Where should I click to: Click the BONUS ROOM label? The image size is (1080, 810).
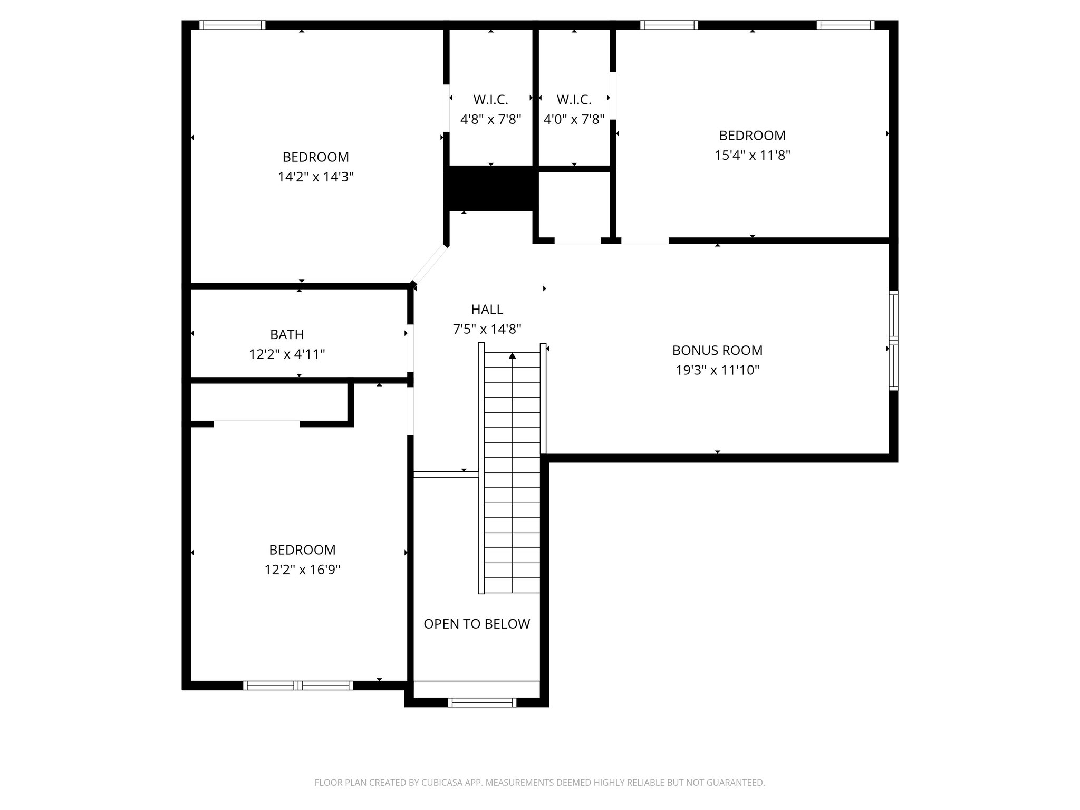[x=717, y=350]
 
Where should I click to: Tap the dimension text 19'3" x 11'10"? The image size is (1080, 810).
[x=717, y=370]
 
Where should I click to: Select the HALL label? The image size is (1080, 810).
[x=487, y=309]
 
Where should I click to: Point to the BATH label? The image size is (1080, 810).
[x=287, y=334]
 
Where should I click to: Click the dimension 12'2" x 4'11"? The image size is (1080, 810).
[x=287, y=354]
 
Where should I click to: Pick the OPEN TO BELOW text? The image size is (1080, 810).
[x=477, y=624]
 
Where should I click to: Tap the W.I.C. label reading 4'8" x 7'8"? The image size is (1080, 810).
[x=490, y=119]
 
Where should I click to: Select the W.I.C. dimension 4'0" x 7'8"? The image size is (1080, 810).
[x=574, y=119]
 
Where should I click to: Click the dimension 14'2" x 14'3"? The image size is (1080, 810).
[x=315, y=177]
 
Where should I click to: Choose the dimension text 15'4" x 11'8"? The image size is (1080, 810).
[x=752, y=155]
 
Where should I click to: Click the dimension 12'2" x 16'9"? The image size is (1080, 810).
[x=302, y=570]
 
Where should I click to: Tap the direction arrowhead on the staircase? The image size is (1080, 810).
[x=512, y=356]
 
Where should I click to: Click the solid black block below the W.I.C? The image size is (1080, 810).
[x=490, y=188]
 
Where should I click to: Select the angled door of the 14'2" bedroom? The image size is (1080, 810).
[x=430, y=264]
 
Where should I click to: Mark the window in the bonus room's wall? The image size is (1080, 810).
[x=893, y=340]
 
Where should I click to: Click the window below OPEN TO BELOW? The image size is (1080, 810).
[x=482, y=702]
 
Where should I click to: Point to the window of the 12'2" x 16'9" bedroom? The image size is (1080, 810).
[x=298, y=685]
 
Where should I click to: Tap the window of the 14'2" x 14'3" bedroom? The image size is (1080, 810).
[x=232, y=25]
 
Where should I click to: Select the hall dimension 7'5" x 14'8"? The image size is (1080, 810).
[x=487, y=329]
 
